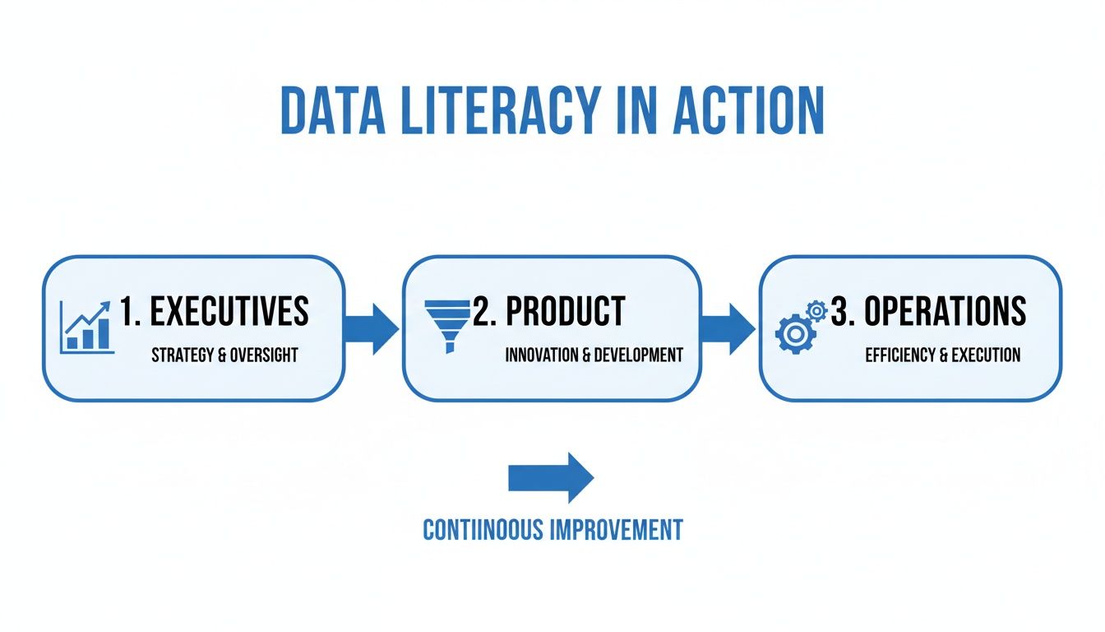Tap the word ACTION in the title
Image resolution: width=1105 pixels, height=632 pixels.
click(x=747, y=109)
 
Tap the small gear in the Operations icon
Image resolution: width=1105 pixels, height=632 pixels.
click(x=816, y=310)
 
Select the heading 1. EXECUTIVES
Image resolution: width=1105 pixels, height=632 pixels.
click(x=214, y=312)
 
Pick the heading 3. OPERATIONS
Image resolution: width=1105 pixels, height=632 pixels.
click(x=929, y=312)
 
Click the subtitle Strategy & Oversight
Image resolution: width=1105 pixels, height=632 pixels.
click(x=224, y=355)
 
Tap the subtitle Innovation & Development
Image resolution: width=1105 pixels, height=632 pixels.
click(x=594, y=355)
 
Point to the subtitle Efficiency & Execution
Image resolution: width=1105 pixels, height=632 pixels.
click(x=942, y=355)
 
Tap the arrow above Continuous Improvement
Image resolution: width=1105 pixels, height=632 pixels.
click(x=551, y=477)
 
